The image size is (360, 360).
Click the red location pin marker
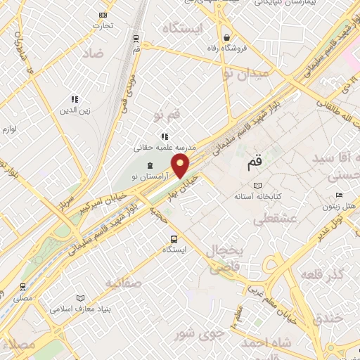pyautogui.click(x=181, y=166)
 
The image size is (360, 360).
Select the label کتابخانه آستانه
pyautogui.click(x=258, y=198)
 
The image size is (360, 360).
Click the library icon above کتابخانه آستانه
pyautogui.click(x=258, y=186)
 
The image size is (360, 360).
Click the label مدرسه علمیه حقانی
pyautogui.click(x=163, y=148)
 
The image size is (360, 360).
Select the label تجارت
pyautogui.click(x=103, y=26)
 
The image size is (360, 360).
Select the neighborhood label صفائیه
pyautogui.click(x=124, y=283)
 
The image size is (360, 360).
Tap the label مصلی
pyautogui.click(x=23, y=298)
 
